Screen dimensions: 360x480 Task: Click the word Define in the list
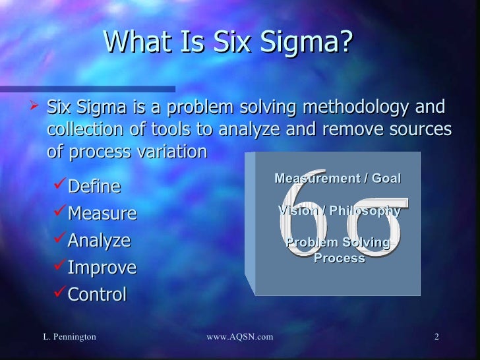point(94,187)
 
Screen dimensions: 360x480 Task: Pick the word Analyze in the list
point(99,241)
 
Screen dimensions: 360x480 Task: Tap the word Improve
point(102,268)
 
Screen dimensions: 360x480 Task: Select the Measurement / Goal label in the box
point(337,179)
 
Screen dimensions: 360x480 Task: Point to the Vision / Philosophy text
point(339,211)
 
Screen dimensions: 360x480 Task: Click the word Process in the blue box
point(339,258)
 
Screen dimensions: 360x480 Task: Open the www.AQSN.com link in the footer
point(239,338)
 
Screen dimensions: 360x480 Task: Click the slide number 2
point(436,338)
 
